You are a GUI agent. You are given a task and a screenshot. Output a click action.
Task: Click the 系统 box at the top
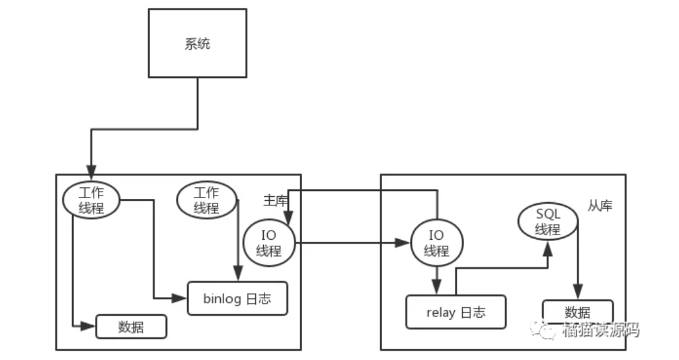coord(198,44)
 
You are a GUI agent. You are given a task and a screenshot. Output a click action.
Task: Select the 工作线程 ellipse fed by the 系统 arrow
coord(91,199)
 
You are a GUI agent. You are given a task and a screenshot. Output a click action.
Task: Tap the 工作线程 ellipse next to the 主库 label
coord(207,199)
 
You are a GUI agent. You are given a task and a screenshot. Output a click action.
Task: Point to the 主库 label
coord(275,201)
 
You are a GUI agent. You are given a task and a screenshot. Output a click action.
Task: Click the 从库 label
coord(600,205)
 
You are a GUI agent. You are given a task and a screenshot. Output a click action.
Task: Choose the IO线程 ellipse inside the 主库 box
coord(269,242)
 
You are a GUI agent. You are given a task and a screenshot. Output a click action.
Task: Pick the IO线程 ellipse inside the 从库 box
coord(437,242)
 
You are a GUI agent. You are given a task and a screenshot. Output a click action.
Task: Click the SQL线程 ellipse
coord(548,222)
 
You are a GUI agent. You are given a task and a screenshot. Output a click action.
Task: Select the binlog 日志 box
coord(237,298)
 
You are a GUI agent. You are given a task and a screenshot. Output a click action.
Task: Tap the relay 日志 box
coord(455,312)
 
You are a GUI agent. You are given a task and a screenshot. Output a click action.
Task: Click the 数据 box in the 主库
coord(131,327)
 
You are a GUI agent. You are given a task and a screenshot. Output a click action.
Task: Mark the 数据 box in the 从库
coord(578,312)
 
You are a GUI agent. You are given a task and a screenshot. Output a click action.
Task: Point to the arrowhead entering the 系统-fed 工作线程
coord(91,172)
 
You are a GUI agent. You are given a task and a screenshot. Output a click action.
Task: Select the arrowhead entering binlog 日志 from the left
coord(179,298)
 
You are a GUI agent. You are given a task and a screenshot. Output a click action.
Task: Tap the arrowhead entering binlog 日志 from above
coord(238,274)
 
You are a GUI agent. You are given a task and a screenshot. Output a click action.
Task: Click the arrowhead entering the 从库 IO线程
coord(403,242)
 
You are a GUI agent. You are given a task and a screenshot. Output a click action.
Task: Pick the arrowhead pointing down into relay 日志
coord(437,287)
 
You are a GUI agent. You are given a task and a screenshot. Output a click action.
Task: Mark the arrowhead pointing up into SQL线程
coord(548,249)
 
